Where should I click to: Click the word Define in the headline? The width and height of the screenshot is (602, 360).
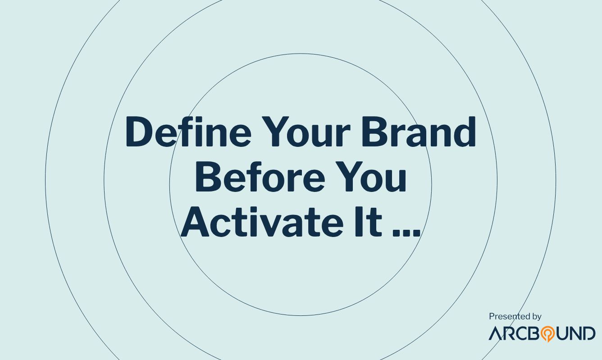pyautogui.click(x=188, y=132)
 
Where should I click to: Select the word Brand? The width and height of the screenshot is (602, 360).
pyautogui.click(x=419, y=132)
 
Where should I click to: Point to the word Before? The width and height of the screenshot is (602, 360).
pyautogui.click(x=260, y=176)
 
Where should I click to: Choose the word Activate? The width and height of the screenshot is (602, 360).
pyautogui.click(x=262, y=222)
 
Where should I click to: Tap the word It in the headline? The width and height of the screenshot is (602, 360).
pyautogui.click(x=369, y=222)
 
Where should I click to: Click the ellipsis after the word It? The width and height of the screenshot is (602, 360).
pyautogui.click(x=406, y=232)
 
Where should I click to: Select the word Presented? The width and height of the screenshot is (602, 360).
pyautogui.click(x=506, y=316)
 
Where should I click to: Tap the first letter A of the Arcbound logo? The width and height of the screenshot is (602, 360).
pyautogui.click(x=495, y=333)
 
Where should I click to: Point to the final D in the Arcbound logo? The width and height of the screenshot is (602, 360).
pyautogui.click(x=589, y=333)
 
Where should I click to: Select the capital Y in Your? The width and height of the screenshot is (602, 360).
pyautogui.click(x=275, y=132)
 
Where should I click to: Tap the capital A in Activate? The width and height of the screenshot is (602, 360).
pyautogui.click(x=195, y=222)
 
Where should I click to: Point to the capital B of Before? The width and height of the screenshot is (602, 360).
pyautogui.click(x=208, y=176)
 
